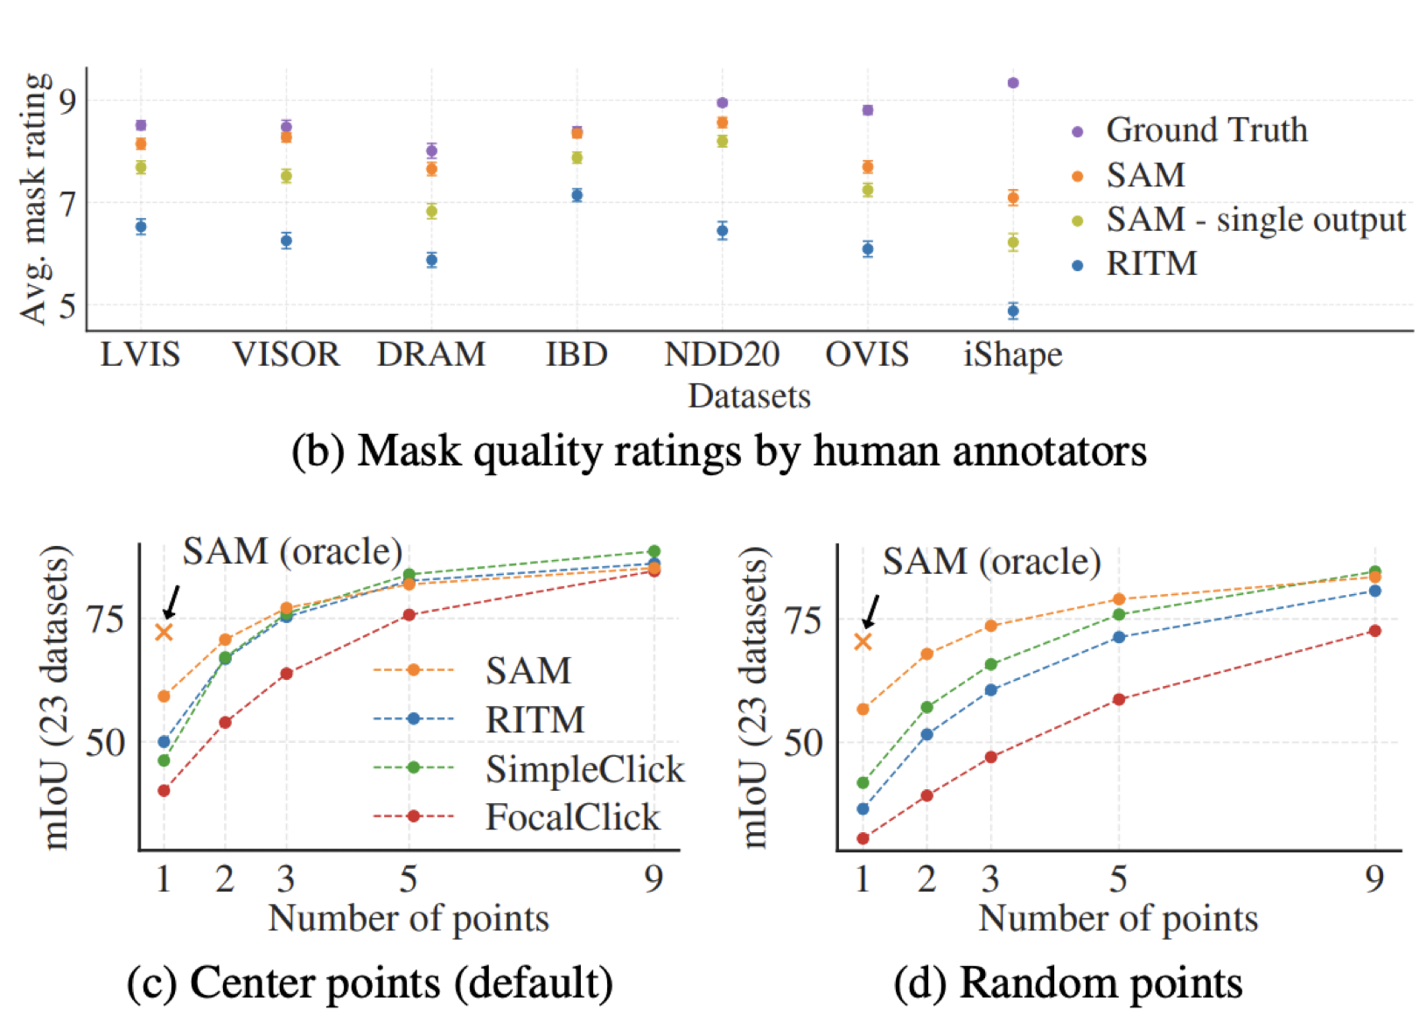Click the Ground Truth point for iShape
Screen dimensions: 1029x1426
(1013, 83)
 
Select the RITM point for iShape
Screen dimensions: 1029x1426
(1013, 311)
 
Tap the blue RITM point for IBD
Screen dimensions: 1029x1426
(577, 195)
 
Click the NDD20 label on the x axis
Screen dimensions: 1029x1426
(722, 354)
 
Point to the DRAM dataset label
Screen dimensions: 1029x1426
(431, 354)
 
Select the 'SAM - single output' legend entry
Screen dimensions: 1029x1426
(1255, 220)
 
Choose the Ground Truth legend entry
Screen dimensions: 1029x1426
(1206, 130)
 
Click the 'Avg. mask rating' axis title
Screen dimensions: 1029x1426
(35, 198)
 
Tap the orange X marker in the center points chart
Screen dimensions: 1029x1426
(164, 632)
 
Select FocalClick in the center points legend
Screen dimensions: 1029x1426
(572, 817)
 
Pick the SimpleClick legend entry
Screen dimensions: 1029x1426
(584, 769)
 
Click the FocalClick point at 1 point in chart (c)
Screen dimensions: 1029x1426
(164, 791)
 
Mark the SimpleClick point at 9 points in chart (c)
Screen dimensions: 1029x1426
(654, 552)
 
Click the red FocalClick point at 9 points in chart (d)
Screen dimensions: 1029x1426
(1374, 631)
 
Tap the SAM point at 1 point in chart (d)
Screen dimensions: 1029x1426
(863, 709)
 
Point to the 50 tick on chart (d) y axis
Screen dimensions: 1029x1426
(802, 744)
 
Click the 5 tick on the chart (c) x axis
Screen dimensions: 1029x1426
(409, 878)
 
